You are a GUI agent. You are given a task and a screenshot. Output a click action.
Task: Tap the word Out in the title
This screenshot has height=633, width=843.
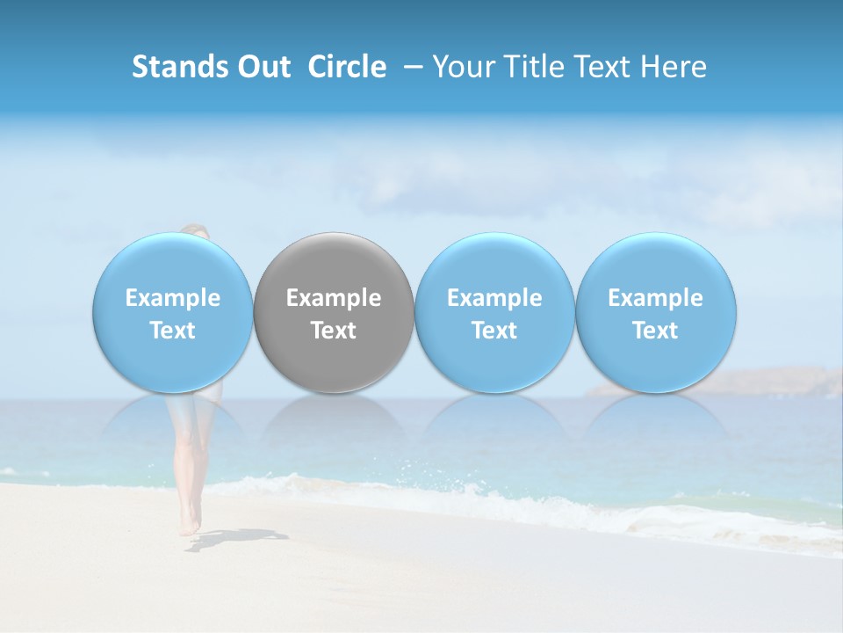click(261, 67)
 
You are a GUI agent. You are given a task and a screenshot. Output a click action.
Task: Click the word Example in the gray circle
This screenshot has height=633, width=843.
click(334, 298)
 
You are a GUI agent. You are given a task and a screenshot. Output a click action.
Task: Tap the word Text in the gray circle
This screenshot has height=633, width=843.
click(334, 331)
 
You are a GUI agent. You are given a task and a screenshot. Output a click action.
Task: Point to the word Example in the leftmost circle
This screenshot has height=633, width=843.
click(172, 298)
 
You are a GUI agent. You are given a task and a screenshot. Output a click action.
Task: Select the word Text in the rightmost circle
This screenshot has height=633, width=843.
click(655, 331)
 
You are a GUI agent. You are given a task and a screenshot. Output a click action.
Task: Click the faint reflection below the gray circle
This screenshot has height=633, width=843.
click(334, 422)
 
